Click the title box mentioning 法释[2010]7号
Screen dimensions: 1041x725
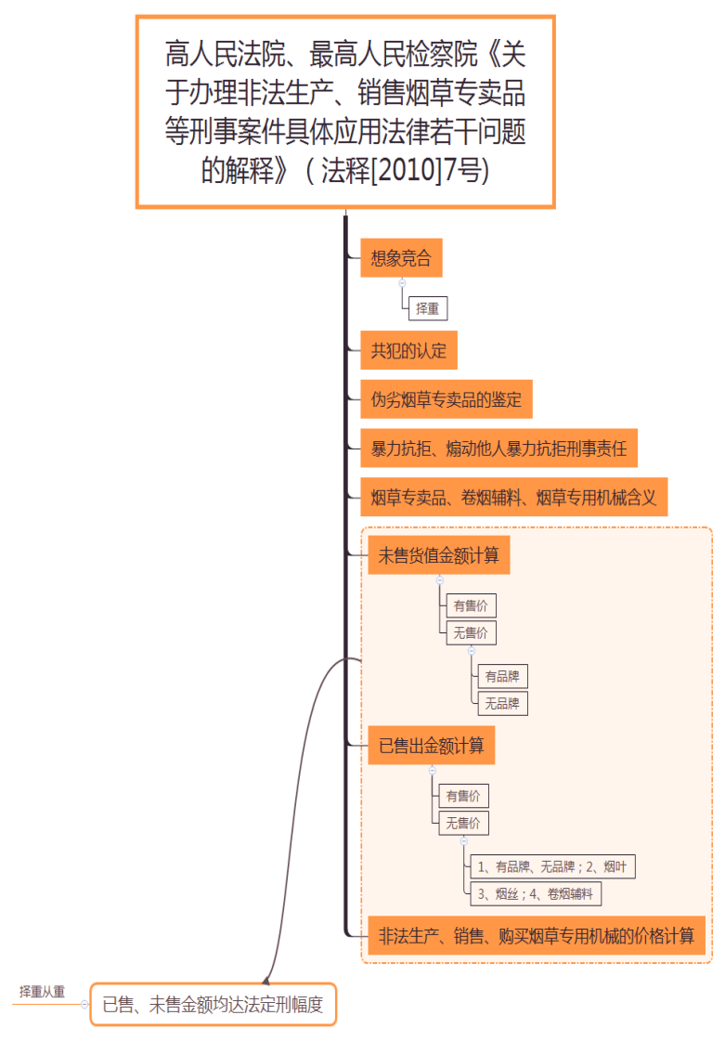[x=345, y=111]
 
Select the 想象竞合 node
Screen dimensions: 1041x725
[x=401, y=258]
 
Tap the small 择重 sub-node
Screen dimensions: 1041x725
[x=428, y=308]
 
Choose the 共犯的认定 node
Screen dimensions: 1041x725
[x=408, y=351]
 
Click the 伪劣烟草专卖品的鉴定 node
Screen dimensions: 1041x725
[x=447, y=400]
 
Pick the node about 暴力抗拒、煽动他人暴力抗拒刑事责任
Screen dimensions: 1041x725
[x=498, y=449]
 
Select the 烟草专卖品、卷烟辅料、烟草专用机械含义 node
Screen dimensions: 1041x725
[x=513, y=499]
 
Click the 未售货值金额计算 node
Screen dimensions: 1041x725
[x=439, y=556]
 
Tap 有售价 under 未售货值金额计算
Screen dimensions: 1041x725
[x=471, y=605]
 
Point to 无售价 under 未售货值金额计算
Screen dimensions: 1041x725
[x=471, y=633]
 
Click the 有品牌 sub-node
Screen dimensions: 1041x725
[x=501, y=676]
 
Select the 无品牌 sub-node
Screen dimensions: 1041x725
[x=501, y=703]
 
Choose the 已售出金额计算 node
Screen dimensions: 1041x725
[x=432, y=746]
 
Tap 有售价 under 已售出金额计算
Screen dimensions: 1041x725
[x=463, y=796]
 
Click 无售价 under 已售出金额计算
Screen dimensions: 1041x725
[x=463, y=823]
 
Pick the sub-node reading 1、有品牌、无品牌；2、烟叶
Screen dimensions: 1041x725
[x=552, y=866]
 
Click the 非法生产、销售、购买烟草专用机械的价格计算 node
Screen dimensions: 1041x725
[x=537, y=936]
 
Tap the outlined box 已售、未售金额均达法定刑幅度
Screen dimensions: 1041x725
[x=213, y=1004]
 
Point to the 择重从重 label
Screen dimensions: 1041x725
[x=43, y=992]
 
